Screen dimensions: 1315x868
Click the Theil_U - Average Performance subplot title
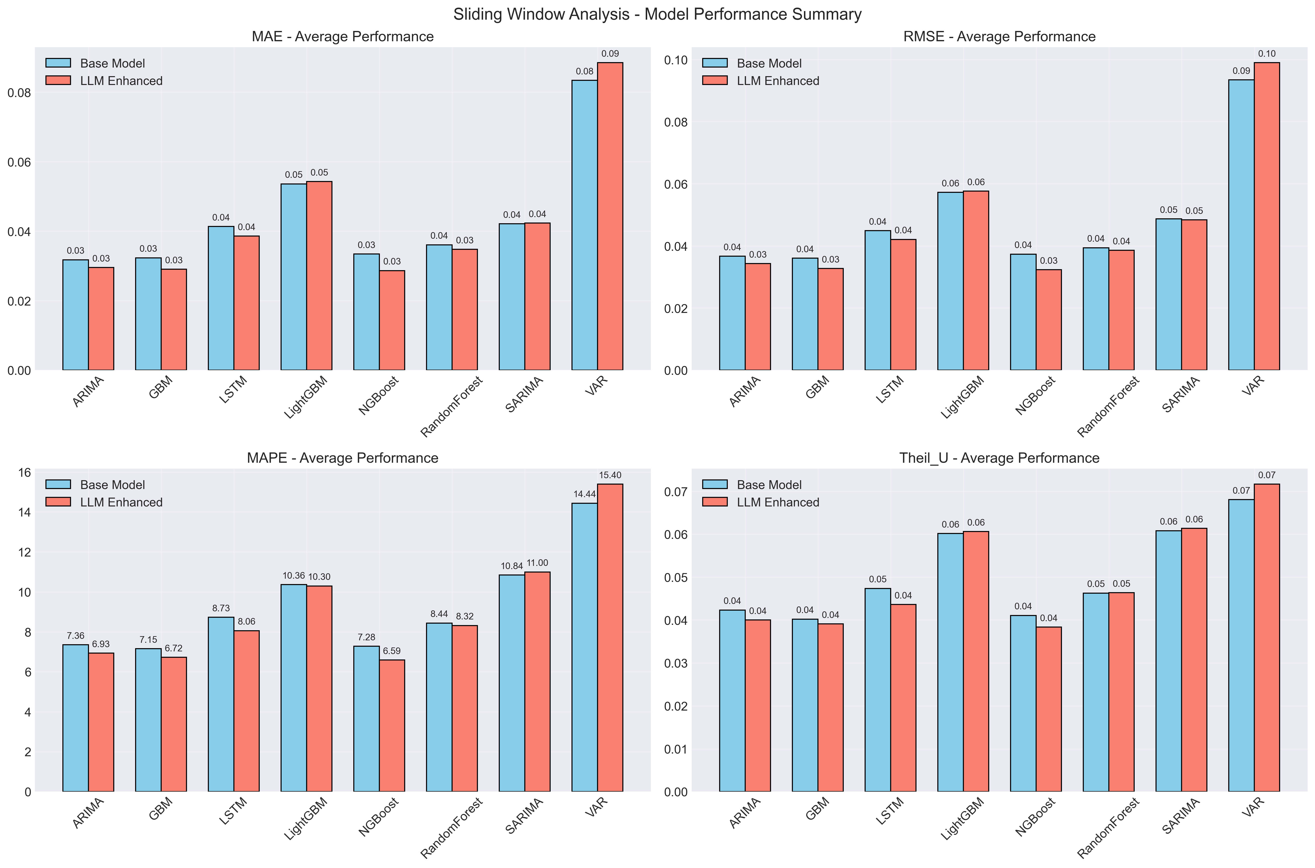tap(999, 458)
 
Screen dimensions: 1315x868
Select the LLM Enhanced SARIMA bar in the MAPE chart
tap(537, 681)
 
